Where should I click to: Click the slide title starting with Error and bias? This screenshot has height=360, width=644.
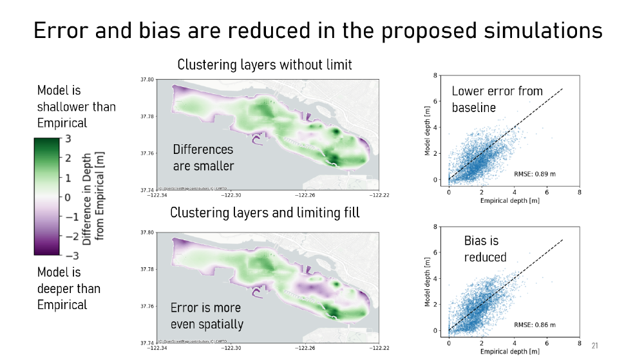pyautogui.click(x=318, y=30)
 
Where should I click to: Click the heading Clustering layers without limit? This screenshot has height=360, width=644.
pyautogui.click(x=265, y=65)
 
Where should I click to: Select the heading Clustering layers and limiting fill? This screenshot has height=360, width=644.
pyautogui.click(x=265, y=213)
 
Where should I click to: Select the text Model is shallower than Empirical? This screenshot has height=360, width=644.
pyautogui.click(x=76, y=106)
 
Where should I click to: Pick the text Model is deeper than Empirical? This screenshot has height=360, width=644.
pyautogui.click(x=68, y=289)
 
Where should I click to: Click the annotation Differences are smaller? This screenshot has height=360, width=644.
pyautogui.click(x=203, y=157)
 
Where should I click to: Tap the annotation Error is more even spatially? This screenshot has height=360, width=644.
pyautogui.click(x=206, y=316)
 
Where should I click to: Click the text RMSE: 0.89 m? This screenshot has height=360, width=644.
pyautogui.click(x=535, y=174)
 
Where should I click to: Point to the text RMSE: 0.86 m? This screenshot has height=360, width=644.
pyautogui.click(x=535, y=325)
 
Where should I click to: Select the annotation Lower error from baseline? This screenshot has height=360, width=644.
pyautogui.click(x=497, y=99)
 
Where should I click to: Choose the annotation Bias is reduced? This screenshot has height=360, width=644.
pyautogui.click(x=485, y=249)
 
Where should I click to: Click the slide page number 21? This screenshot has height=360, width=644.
pyautogui.click(x=594, y=346)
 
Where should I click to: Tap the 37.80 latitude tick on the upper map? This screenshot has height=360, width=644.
pyautogui.click(x=147, y=80)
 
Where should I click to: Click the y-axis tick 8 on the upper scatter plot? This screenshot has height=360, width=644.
pyautogui.click(x=437, y=76)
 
